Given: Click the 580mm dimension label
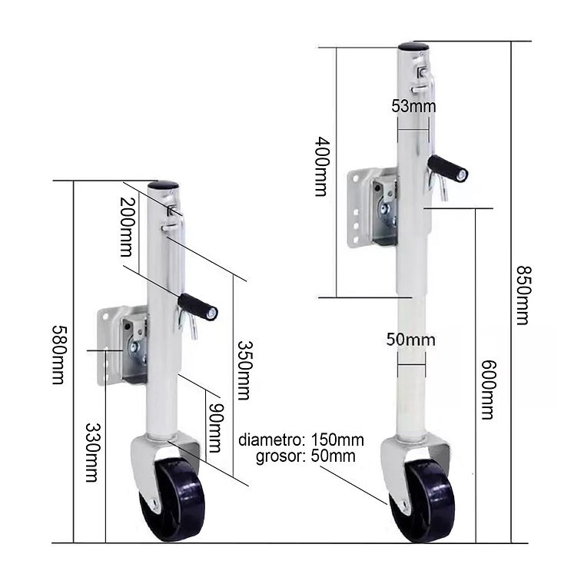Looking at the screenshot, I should click(58, 353).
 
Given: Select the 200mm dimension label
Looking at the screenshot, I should click(128, 226).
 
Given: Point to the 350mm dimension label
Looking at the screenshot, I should click(244, 370).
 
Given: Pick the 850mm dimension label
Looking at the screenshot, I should click(523, 295).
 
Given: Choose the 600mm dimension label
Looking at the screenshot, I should click(486, 390).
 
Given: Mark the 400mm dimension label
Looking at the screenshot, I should click(322, 166).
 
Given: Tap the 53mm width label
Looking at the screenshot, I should click(413, 106).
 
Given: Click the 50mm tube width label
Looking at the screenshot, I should click(412, 339).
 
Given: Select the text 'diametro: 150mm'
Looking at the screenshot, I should click(301, 440).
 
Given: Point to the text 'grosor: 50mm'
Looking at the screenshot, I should click(306, 456).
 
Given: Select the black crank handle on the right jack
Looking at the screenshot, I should click(447, 168).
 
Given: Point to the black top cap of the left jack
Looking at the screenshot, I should click(163, 185).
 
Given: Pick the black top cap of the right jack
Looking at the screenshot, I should click(413, 46).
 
